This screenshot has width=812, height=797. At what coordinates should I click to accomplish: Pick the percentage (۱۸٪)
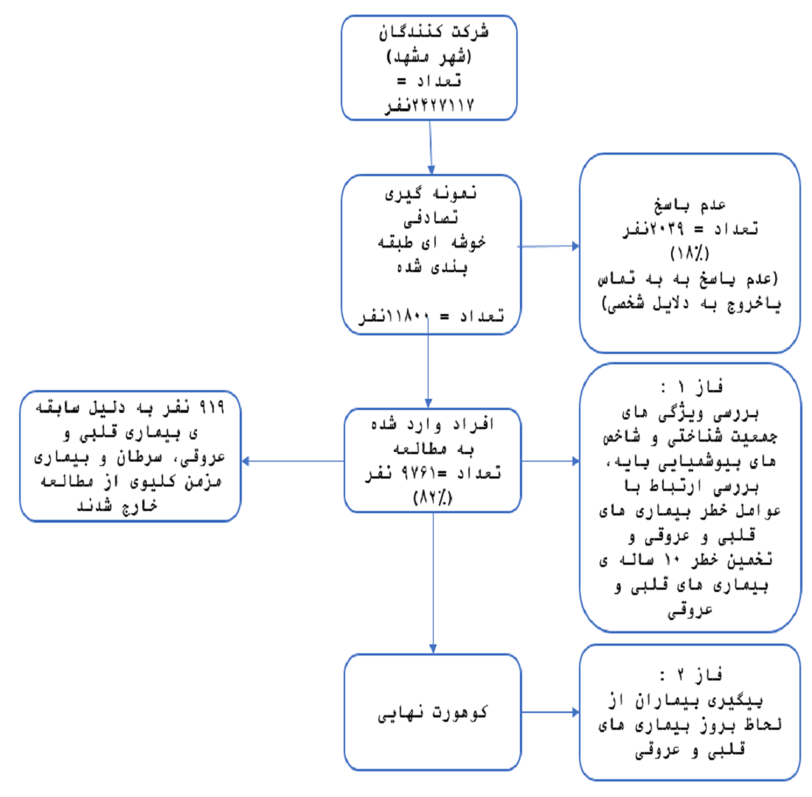point(690,254)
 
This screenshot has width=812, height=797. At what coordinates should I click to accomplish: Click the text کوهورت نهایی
point(432,713)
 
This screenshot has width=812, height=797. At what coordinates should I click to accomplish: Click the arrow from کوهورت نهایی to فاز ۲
point(549,713)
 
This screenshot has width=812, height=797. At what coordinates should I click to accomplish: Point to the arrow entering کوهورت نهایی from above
point(433,582)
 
